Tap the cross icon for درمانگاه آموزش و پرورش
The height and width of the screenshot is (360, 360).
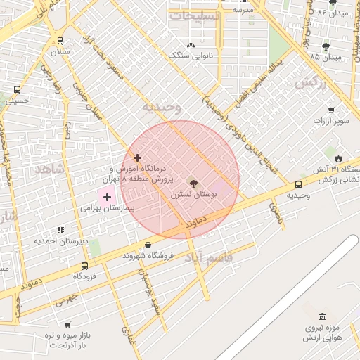click(x=137, y=158)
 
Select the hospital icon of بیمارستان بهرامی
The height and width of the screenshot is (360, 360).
click(x=107, y=198)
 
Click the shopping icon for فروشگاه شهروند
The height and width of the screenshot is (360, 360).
click(x=147, y=245)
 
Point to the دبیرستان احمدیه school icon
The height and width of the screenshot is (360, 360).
click(x=61, y=230)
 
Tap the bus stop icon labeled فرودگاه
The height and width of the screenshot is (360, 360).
click(x=85, y=266)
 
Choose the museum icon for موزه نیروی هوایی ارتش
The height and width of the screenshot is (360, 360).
click(x=322, y=317)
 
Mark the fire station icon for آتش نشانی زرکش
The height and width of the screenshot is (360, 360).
click(x=339, y=158)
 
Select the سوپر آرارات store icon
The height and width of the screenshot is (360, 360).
click(x=331, y=110)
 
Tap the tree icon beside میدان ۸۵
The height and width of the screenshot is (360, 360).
click(x=326, y=46)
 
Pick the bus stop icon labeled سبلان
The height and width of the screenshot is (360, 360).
click(x=60, y=41)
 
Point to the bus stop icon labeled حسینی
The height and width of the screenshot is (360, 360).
click(x=17, y=90)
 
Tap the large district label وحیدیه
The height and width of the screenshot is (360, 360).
click(x=162, y=108)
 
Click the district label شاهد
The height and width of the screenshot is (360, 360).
click(x=49, y=169)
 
